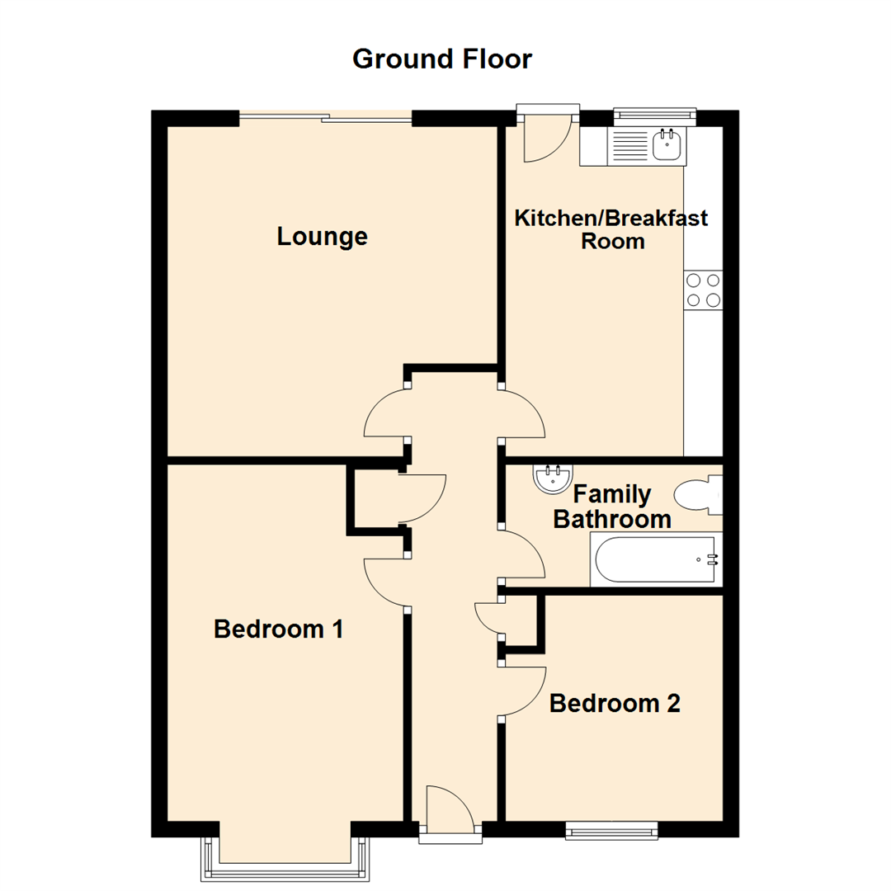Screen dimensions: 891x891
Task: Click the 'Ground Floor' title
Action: pyautogui.click(x=442, y=59)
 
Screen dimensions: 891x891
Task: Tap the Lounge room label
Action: pyautogui.click(x=322, y=238)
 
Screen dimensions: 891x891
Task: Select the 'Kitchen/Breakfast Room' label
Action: pyautogui.click(x=611, y=230)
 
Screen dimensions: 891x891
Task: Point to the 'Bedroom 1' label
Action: pyautogui.click(x=278, y=629)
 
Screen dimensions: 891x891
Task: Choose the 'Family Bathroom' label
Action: pyautogui.click(x=611, y=507)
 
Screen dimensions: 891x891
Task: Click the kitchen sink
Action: pyautogui.click(x=666, y=146)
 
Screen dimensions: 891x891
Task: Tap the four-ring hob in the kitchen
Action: pyautogui.click(x=703, y=290)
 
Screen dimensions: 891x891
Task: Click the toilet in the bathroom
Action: pyautogui.click(x=697, y=495)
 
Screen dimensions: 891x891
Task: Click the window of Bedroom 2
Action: pyautogui.click(x=610, y=830)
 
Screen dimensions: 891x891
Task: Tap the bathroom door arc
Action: pyautogui.click(x=525, y=554)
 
